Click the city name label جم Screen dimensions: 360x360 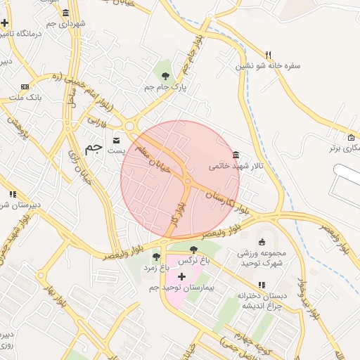(93, 148)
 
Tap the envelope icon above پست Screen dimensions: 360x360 (116, 139)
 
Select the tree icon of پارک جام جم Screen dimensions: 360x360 (165, 76)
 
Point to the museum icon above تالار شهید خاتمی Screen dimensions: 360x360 (236, 155)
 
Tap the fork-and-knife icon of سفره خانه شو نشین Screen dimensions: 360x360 (268, 55)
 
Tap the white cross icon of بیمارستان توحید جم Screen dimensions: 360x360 (182, 276)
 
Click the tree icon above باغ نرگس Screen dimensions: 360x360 (194, 250)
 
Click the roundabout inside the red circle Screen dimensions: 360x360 (188, 182)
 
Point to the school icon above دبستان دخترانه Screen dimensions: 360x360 (262, 285)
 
